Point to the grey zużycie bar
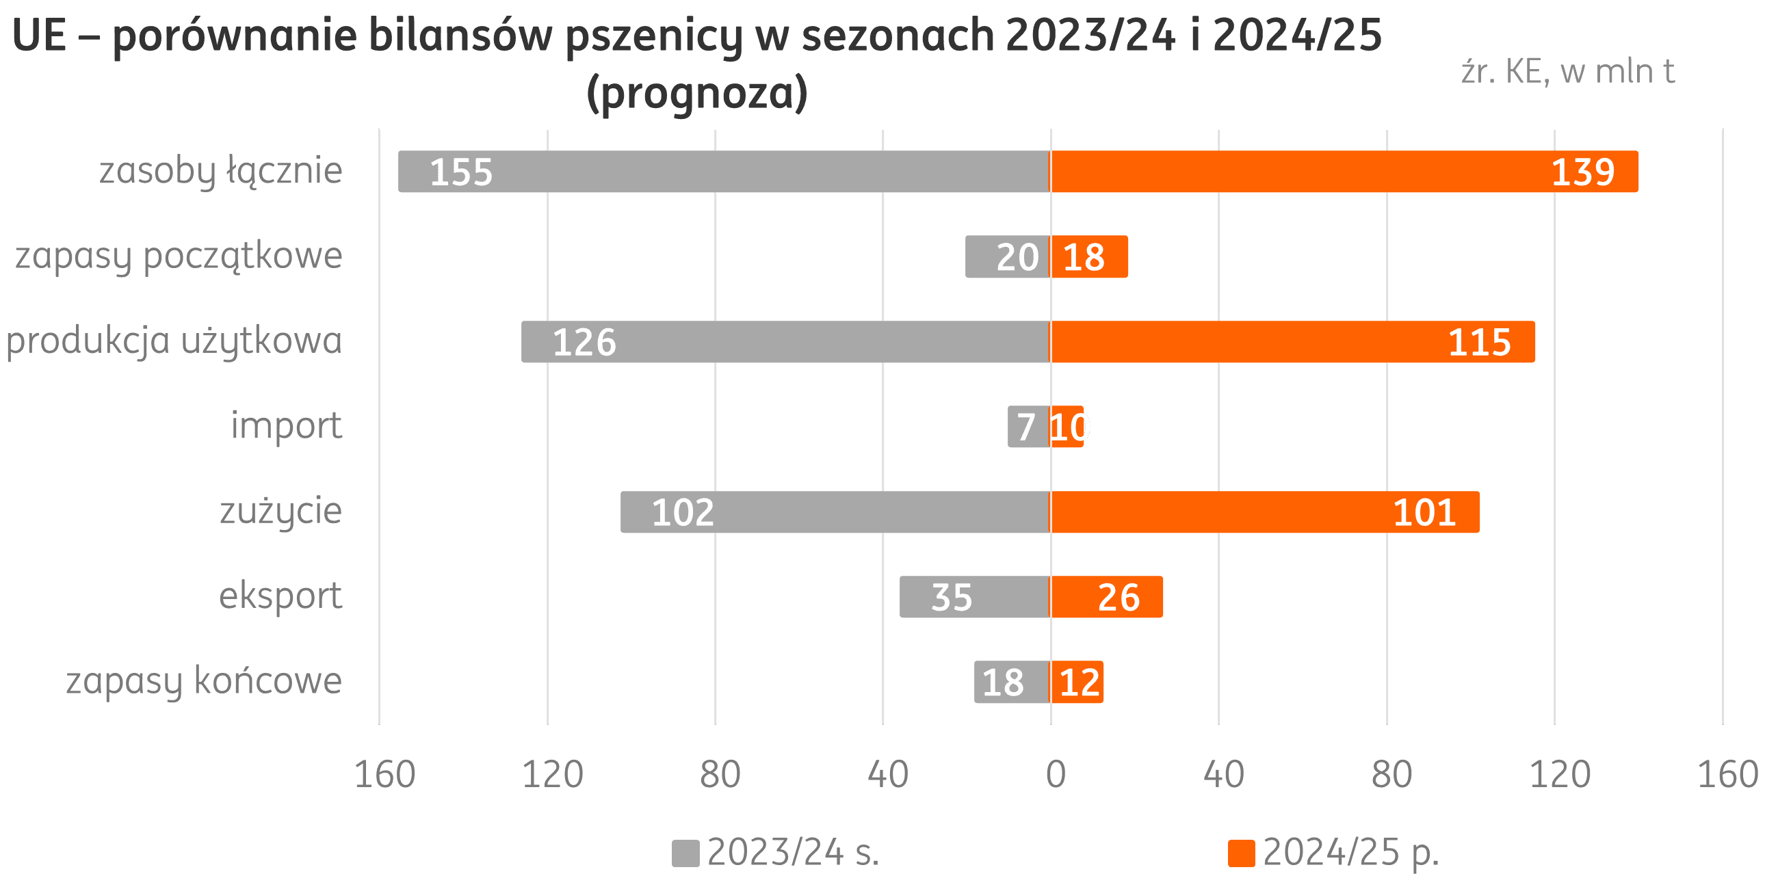tap(835, 512)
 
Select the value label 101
tap(1424, 513)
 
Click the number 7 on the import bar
tap(1025, 427)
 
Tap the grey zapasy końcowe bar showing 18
tap(1012, 682)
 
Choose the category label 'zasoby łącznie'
tap(220, 171)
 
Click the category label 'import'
tap(286, 426)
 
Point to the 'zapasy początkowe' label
tap(179, 256)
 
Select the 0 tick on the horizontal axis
tap(1056, 773)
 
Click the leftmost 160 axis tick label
tap(384, 773)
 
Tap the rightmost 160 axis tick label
tap(1727, 773)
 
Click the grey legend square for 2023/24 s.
tap(685, 853)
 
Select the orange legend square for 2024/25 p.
tap(1241, 853)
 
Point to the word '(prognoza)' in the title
tap(696, 93)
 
